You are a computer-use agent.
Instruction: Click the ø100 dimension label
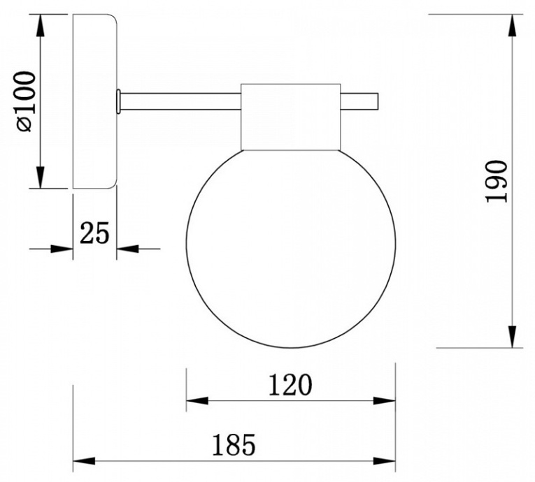click(x=26, y=101)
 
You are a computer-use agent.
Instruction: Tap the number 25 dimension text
click(x=94, y=233)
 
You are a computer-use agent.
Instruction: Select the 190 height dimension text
click(x=497, y=182)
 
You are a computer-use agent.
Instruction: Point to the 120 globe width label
click(x=290, y=385)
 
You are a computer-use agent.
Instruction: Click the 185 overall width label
click(x=234, y=445)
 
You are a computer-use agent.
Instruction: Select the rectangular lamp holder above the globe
click(x=291, y=117)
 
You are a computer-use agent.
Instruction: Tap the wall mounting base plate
click(x=95, y=101)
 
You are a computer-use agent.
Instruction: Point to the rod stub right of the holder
click(x=359, y=101)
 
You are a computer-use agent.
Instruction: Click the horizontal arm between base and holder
click(x=181, y=101)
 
